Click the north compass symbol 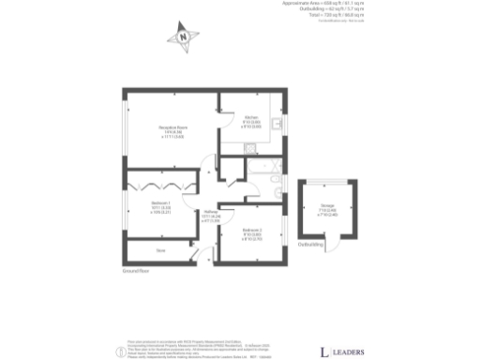click(x=184, y=38)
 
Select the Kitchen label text click(x=250, y=119)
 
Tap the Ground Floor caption click(x=136, y=271)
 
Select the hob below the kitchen click(x=248, y=149)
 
